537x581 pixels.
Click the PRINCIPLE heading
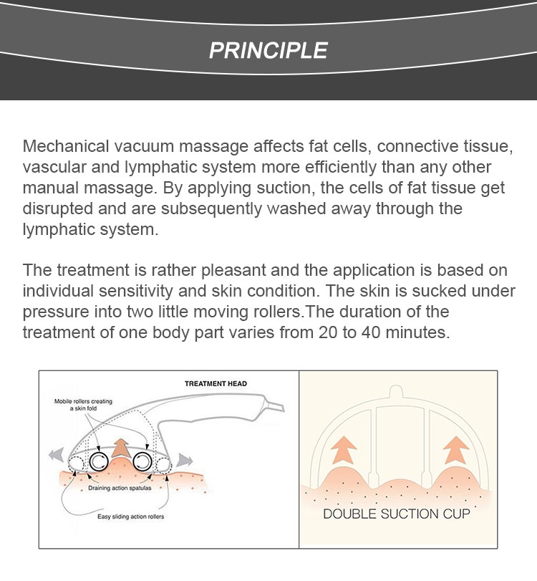(268, 50)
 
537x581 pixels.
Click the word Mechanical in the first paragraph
(66, 146)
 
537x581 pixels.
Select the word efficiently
(340, 167)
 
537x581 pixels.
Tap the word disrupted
(57, 208)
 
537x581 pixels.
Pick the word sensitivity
(135, 292)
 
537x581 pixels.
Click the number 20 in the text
(328, 332)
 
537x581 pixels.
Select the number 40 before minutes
(371, 332)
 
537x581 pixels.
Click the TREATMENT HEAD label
(216, 384)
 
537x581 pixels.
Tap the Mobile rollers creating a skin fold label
(83, 405)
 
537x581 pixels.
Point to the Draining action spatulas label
(120, 488)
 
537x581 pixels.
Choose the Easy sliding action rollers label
(131, 517)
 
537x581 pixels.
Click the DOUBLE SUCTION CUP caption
(396, 514)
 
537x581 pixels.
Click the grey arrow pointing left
(57, 455)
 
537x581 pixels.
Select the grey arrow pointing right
(185, 460)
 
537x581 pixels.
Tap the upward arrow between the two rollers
(120, 448)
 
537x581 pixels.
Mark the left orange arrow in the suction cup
(343, 449)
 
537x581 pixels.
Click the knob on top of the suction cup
(396, 391)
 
